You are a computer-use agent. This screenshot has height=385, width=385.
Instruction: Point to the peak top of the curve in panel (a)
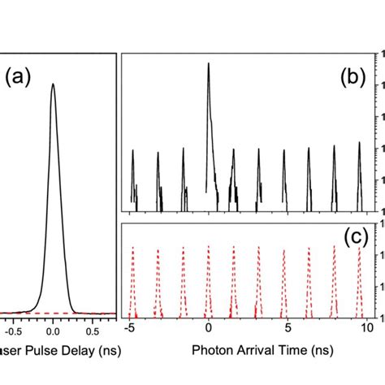[x=53, y=84]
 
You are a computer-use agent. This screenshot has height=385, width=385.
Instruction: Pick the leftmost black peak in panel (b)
[x=132, y=151]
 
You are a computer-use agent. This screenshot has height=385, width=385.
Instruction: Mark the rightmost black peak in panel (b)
[x=359, y=144]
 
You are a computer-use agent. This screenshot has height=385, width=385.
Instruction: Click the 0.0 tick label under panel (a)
[x=53, y=331]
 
